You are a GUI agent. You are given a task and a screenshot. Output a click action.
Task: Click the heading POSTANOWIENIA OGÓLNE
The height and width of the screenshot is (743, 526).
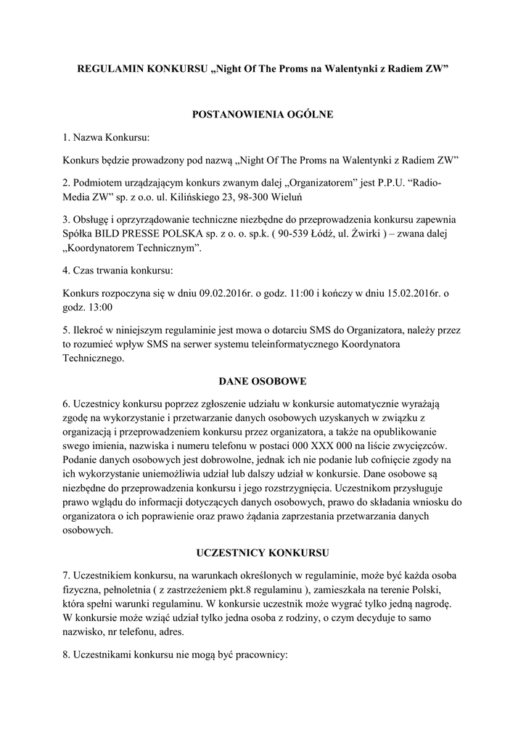pyautogui.click(x=262, y=114)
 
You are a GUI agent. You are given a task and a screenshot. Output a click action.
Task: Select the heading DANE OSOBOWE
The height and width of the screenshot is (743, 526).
pyautogui.click(x=263, y=380)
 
